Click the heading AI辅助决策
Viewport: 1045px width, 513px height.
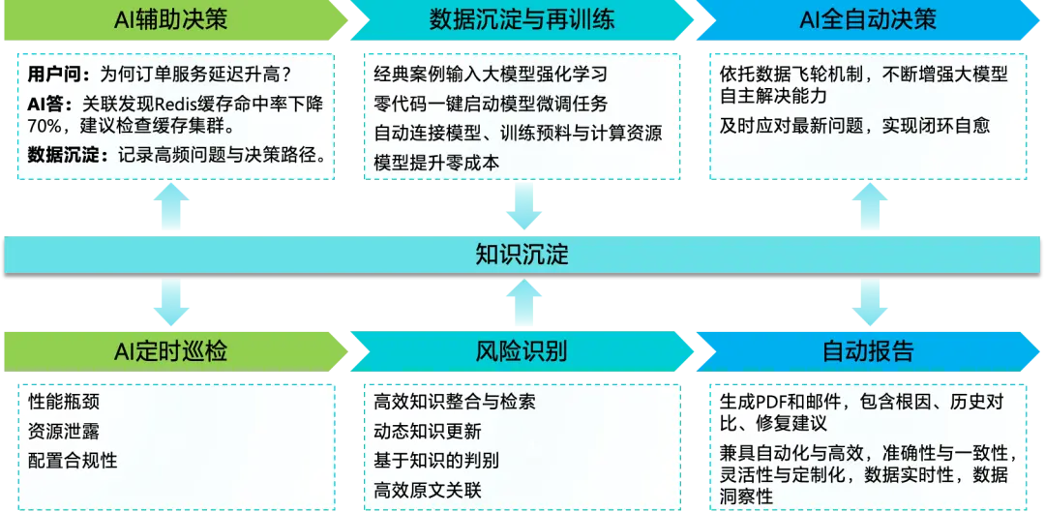tap(171, 20)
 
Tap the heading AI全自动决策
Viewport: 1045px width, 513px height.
tap(869, 20)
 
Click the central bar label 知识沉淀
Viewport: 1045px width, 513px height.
tap(522, 255)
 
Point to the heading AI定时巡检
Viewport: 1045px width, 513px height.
tap(171, 350)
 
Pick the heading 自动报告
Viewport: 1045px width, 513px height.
tap(868, 350)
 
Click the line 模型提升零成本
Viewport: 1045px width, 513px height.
tap(436, 163)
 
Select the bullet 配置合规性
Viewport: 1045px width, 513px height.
tap(73, 461)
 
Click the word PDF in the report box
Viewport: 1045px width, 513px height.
tap(770, 401)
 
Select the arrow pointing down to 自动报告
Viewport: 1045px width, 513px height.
tap(868, 303)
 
